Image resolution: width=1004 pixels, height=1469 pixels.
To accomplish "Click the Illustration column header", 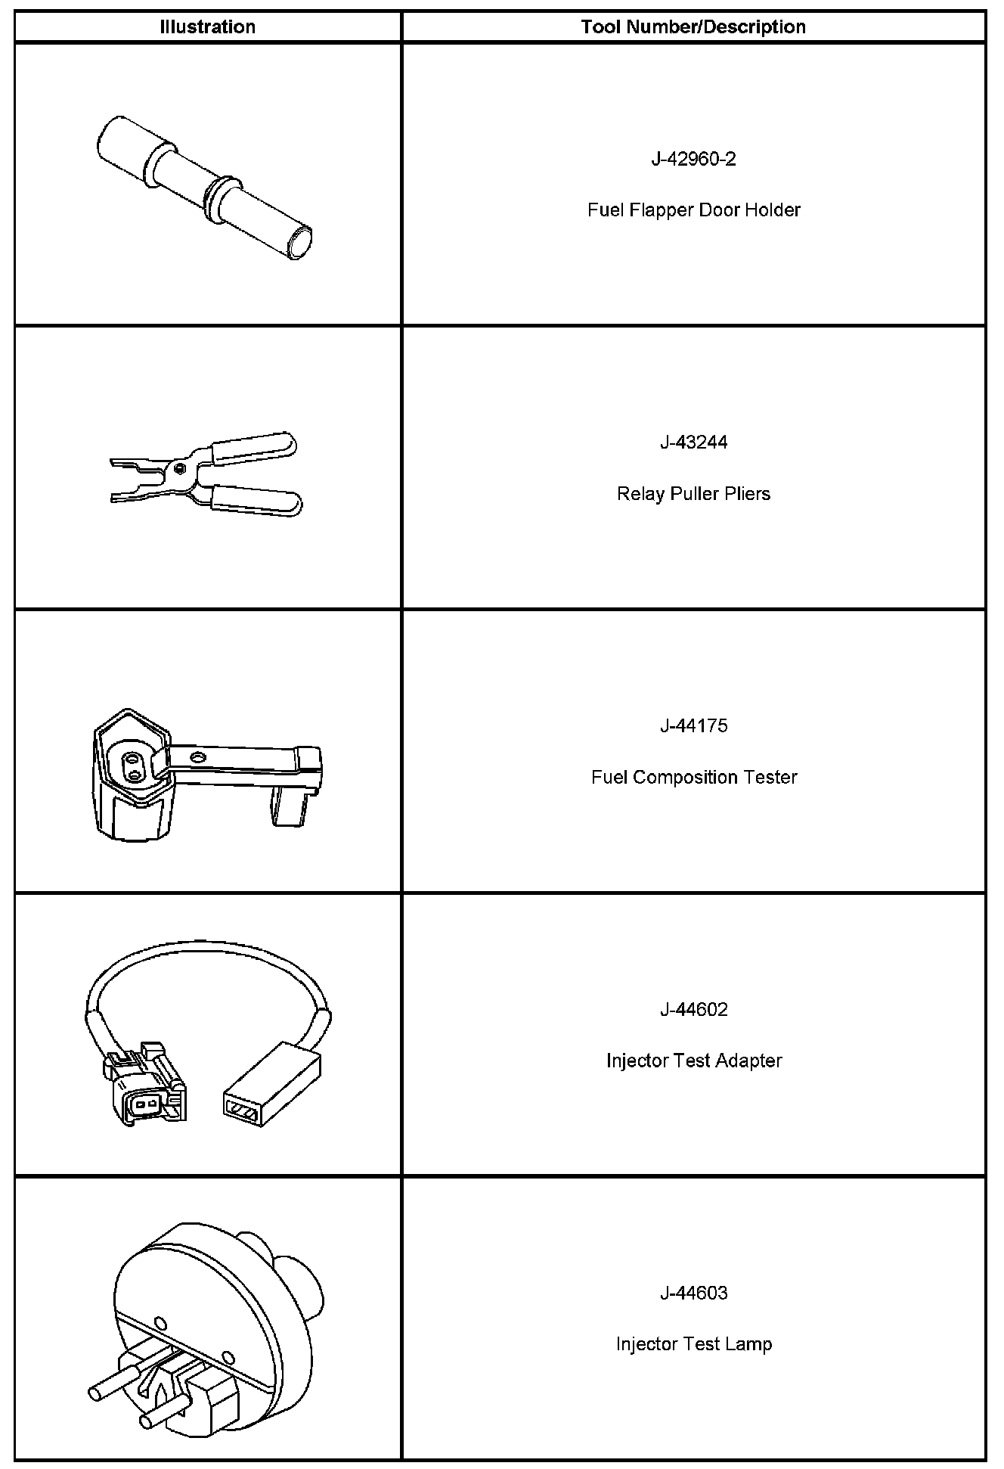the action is pyautogui.click(x=207, y=27).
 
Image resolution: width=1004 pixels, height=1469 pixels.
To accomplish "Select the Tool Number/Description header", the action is pyautogui.click(x=693, y=27).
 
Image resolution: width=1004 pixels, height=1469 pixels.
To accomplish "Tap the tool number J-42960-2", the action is pyautogui.click(x=693, y=159).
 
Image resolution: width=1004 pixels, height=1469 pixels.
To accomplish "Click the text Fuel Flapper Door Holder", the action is pyautogui.click(x=693, y=210).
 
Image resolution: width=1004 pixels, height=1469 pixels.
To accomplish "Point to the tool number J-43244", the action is pyautogui.click(x=693, y=443).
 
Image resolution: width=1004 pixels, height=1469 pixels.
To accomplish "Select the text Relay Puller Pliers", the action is pyautogui.click(x=693, y=494).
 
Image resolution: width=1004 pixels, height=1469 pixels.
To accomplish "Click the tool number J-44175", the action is pyautogui.click(x=693, y=726).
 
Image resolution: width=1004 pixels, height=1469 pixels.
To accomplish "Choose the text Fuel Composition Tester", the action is pyautogui.click(x=693, y=778).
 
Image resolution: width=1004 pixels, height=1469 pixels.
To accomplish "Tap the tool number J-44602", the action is pyautogui.click(x=693, y=1010).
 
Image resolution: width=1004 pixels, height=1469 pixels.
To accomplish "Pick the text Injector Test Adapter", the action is pyautogui.click(x=693, y=1061).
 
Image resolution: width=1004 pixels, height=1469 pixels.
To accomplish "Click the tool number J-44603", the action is pyautogui.click(x=693, y=1294).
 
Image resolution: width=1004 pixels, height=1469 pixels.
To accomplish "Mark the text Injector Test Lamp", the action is pyautogui.click(x=693, y=1344).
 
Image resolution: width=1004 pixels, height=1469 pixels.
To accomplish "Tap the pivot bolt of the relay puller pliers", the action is pyautogui.click(x=179, y=467).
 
